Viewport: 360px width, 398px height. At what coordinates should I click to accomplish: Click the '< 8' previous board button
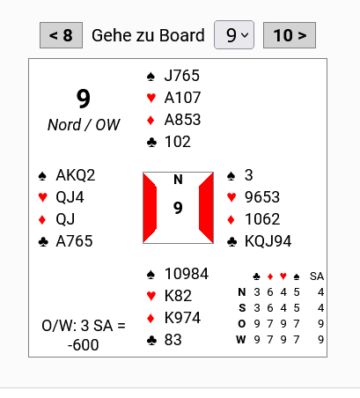[61, 35]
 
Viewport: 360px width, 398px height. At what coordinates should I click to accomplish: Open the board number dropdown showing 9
[234, 35]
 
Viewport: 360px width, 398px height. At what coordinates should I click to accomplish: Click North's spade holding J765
[182, 76]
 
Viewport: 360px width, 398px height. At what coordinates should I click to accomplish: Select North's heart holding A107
[182, 98]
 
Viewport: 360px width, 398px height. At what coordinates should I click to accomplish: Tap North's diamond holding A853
[182, 120]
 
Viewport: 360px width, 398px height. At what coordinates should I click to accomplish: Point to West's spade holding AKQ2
[76, 175]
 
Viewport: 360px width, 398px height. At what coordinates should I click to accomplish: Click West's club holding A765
[74, 241]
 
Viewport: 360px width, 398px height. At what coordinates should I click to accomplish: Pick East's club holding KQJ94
[268, 241]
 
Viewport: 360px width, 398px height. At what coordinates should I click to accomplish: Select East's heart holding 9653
[262, 197]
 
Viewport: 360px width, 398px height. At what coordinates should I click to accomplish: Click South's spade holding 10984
[187, 274]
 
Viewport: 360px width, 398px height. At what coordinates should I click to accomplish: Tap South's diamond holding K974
[182, 318]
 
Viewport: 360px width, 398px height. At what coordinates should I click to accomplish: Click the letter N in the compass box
[178, 180]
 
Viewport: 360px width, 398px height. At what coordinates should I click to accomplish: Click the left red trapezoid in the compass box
[150, 208]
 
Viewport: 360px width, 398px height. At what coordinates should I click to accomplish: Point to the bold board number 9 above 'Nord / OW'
[84, 99]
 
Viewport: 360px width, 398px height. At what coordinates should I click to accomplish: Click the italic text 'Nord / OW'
[84, 125]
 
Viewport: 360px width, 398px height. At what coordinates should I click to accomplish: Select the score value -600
[83, 345]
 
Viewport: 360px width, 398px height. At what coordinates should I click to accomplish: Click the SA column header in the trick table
[317, 276]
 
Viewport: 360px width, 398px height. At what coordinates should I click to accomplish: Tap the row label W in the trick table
[241, 340]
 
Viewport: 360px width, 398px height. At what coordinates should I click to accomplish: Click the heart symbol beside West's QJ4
[43, 197]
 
